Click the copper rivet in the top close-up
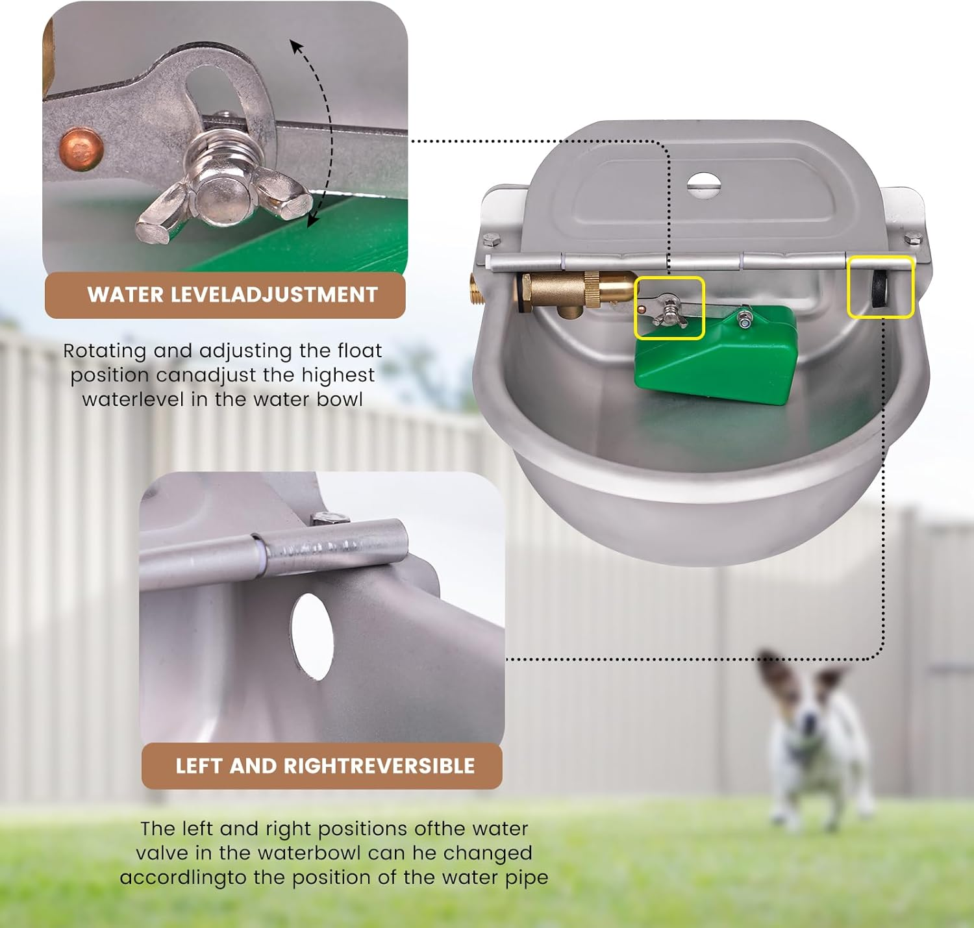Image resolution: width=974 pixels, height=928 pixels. (81, 150)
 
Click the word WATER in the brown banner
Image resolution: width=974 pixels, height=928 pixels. (125, 295)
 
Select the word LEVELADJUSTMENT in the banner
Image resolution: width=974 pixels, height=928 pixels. (273, 295)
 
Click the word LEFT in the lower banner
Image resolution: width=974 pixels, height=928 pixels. (199, 766)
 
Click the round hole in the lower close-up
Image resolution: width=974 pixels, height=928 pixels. (313, 636)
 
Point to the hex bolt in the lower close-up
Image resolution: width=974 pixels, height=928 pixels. (329, 518)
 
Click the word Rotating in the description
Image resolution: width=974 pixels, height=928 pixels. (105, 351)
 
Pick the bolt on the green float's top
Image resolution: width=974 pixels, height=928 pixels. (745, 318)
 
